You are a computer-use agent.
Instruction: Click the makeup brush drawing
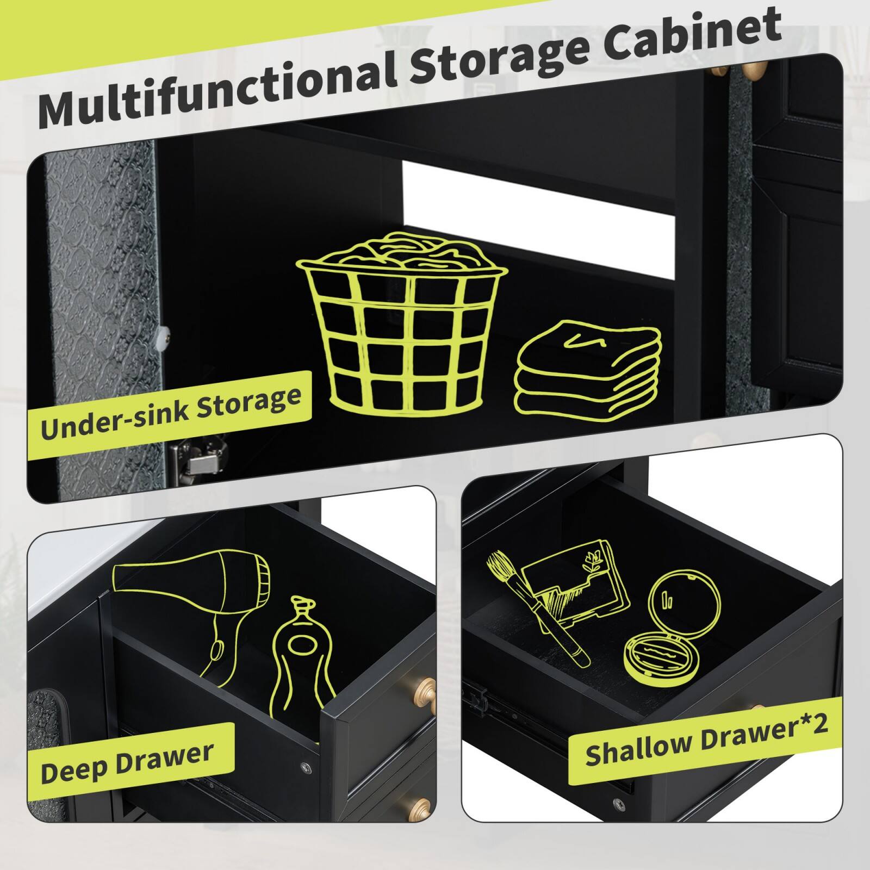pyautogui.click(x=536, y=609)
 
